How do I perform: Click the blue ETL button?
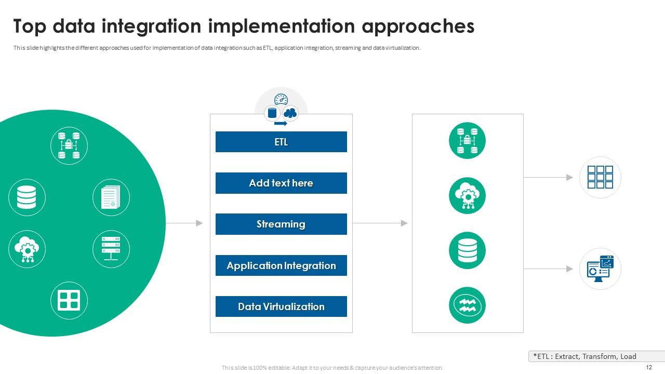coord(281,142)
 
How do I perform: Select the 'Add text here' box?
coord(281,183)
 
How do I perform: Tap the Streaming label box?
coord(281,224)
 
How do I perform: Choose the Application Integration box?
coord(281,265)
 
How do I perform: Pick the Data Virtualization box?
coord(281,306)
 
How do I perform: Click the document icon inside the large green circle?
coord(111,197)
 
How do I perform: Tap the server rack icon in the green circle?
coord(111,249)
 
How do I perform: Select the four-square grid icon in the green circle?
coord(69,300)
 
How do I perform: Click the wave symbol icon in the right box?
coord(467,305)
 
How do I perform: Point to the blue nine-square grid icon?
coord(600,177)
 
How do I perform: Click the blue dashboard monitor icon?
coord(600,269)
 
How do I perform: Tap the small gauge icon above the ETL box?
coord(281,99)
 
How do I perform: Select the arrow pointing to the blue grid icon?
coord(548,177)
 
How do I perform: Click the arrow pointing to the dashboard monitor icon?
coord(548,269)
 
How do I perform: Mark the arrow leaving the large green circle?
coord(184,223)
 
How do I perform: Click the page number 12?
coord(648,367)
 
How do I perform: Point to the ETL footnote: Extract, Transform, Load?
coord(584,356)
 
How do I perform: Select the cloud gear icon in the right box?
coord(467,195)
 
